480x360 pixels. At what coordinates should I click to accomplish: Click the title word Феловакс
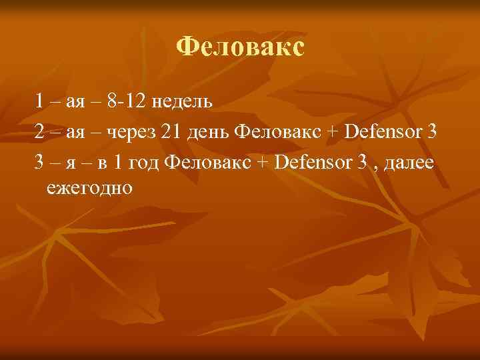(x=240, y=47)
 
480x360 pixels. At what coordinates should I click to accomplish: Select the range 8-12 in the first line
(x=126, y=101)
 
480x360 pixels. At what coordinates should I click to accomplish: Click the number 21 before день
(x=171, y=131)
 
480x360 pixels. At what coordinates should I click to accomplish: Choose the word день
(x=207, y=131)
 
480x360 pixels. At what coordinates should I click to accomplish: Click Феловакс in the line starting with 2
(x=273, y=131)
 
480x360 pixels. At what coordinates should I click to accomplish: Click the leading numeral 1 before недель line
(x=40, y=101)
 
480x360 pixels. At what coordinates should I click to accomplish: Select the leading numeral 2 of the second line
(x=40, y=131)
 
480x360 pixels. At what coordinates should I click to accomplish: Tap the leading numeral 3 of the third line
(x=40, y=161)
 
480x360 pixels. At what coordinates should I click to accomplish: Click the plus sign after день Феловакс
(x=325, y=132)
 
